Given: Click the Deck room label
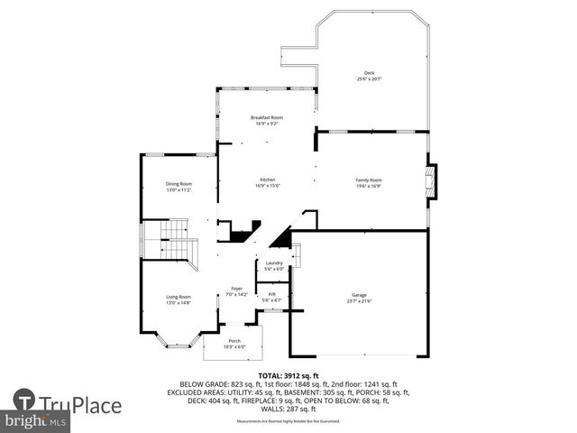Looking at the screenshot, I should (369, 73).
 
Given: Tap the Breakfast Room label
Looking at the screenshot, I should (267, 117).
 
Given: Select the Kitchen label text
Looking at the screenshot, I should (267, 179).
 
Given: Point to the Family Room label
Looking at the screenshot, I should (369, 180).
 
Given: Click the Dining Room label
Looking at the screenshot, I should (179, 184).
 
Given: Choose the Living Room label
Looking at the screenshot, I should (179, 297).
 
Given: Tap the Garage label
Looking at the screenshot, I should (359, 295).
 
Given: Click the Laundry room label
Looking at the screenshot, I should (274, 263).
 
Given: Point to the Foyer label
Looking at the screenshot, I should (235, 289).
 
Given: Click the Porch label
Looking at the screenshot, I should (234, 340).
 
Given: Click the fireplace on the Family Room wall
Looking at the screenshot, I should (432, 180).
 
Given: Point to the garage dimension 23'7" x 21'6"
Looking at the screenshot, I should (359, 301).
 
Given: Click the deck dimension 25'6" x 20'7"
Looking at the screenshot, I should (369, 79).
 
